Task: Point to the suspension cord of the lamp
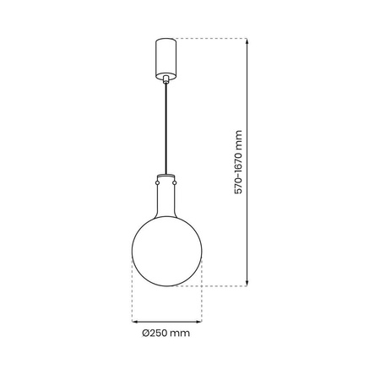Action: tap(166, 127)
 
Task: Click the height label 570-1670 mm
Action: tap(239, 160)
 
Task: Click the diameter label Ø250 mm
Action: tap(166, 334)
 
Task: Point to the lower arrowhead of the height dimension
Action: tap(247, 283)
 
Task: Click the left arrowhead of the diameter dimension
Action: tap(134, 321)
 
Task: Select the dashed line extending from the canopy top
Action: tap(211, 38)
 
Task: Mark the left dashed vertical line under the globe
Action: tap(132, 296)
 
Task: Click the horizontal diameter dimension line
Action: tap(166, 321)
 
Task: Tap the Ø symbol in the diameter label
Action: tap(147, 334)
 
